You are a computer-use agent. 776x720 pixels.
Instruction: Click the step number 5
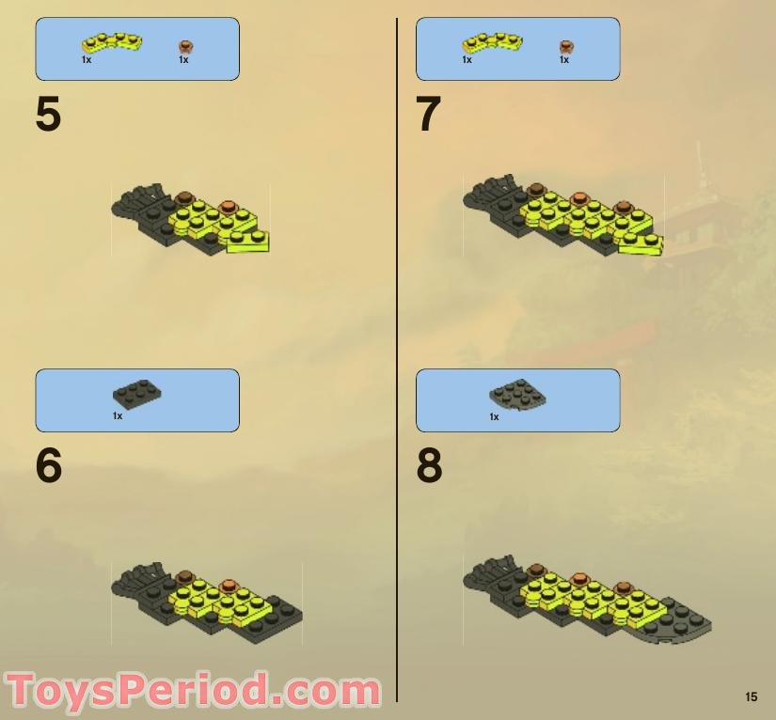coord(48,114)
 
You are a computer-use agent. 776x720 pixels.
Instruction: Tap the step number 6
coord(49,465)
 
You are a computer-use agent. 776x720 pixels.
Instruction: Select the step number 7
coord(428,114)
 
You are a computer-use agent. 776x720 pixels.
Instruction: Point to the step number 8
coord(429,465)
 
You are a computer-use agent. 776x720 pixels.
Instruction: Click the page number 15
coord(751,697)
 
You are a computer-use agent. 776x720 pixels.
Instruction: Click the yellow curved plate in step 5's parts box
coord(112,43)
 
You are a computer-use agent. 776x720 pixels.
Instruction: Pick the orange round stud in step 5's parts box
coord(185,47)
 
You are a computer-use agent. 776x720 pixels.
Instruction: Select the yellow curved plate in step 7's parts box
coord(493,43)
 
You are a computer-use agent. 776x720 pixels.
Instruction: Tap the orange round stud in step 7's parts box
coord(566,47)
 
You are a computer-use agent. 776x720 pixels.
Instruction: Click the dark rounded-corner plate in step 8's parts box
coord(517,395)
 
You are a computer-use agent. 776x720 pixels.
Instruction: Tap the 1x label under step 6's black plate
coord(118,415)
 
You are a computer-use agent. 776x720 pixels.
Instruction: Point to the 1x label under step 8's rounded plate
coord(494,417)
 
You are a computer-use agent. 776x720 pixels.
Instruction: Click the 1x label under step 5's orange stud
coord(183,60)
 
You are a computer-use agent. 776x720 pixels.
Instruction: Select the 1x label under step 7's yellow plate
coord(467,60)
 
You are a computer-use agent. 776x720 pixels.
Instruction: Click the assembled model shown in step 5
coord(191,219)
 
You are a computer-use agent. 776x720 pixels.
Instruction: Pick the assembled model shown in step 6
coord(207,603)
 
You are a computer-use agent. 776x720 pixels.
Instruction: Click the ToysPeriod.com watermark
coord(193,690)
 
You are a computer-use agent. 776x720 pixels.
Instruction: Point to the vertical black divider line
coord(396,359)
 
